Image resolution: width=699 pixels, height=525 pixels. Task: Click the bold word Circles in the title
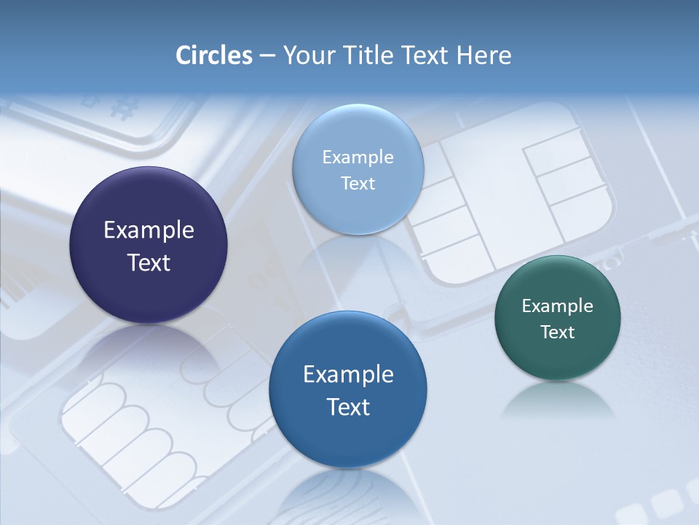pos(213,55)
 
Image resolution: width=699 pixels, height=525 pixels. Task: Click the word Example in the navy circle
pos(149,230)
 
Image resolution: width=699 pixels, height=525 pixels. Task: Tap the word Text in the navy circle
pos(149,262)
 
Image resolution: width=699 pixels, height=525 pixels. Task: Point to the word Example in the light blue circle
pos(358,157)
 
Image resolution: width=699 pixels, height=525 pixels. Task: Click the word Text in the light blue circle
pos(358,183)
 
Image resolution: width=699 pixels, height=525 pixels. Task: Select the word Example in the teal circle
pos(558,306)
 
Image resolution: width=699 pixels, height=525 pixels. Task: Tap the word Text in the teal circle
pos(558,332)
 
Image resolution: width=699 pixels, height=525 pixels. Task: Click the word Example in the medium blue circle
pos(348,375)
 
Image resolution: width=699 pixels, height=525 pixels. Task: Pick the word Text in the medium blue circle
pos(348,407)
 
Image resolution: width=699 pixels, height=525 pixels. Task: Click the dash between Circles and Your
pos(267,56)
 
